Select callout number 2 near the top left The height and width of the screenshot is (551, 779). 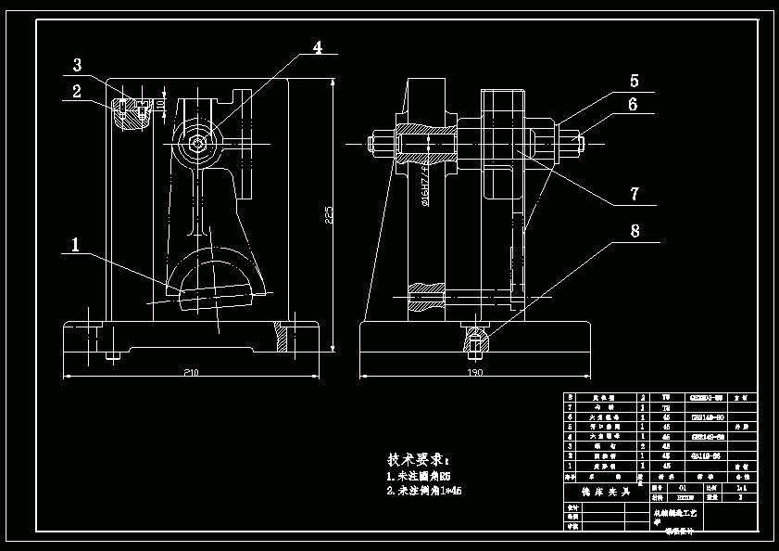tap(77, 91)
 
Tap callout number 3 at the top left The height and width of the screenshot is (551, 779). tap(77, 65)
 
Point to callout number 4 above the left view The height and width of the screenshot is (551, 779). tap(317, 47)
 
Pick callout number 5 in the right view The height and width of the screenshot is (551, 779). tap(634, 81)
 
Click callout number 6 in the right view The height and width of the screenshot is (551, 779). tap(634, 104)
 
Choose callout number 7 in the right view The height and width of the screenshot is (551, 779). tap(634, 194)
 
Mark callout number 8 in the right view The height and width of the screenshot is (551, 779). tap(634, 231)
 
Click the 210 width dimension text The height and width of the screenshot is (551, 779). tap(191, 372)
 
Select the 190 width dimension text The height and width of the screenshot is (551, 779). tap(474, 372)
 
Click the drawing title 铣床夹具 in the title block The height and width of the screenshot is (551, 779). tap(600, 492)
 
